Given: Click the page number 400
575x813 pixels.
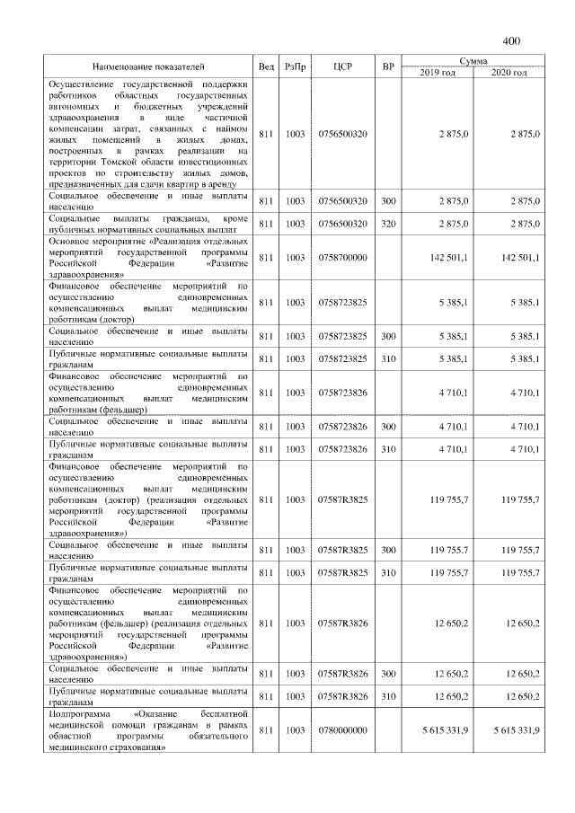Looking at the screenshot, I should pos(511,40).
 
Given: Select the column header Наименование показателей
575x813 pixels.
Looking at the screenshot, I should pos(148,67).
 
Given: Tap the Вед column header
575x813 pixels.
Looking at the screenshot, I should pos(266,67).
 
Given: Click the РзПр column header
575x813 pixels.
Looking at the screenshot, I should pos(294,67).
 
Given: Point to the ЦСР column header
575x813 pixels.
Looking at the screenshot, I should pos(341,67).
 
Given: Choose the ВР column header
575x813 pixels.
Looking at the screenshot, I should pos(387,67).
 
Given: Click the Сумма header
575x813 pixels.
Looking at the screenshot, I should pos(473,61).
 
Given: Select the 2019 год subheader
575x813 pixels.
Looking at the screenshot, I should pos(438,73).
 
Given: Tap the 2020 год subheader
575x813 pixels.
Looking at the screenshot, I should pos(509,73).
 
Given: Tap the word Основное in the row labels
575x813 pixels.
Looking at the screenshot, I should pos(71,241).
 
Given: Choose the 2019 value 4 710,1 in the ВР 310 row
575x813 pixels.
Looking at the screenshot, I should pos(453,448).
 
